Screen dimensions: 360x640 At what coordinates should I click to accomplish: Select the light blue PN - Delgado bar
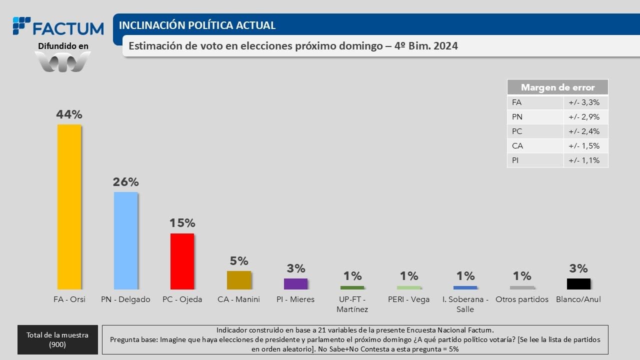[x=125, y=240]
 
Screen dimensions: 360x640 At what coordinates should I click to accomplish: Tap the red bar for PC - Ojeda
[x=182, y=261]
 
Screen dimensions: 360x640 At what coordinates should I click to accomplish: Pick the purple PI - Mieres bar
[x=295, y=283]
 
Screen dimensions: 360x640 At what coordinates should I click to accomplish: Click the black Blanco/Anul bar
[x=578, y=283]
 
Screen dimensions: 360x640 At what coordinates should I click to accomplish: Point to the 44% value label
[x=69, y=114]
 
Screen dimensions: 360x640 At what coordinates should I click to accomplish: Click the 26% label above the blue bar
[x=125, y=182]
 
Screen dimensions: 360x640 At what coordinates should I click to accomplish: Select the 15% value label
[x=182, y=223]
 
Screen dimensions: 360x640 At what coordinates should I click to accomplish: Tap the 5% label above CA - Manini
[x=239, y=261]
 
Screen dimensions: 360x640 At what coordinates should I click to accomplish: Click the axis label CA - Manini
[x=239, y=299]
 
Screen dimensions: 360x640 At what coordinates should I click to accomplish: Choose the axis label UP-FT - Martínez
[x=352, y=304]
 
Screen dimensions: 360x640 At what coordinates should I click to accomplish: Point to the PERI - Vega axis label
[x=408, y=299]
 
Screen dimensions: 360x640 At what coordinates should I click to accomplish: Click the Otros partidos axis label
[x=522, y=299]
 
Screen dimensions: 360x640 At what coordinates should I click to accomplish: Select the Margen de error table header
[x=557, y=87]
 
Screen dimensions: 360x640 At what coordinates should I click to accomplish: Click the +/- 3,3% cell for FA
[x=584, y=102]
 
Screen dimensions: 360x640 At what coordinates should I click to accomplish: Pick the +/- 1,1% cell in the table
[x=584, y=160]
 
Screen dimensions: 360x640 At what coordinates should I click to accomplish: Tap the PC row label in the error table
[x=517, y=131]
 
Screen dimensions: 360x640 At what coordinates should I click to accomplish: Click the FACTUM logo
[x=58, y=27]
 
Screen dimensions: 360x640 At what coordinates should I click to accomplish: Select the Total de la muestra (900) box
[x=57, y=340]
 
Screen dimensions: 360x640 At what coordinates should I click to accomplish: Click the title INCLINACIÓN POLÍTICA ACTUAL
[x=197, y=25]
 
